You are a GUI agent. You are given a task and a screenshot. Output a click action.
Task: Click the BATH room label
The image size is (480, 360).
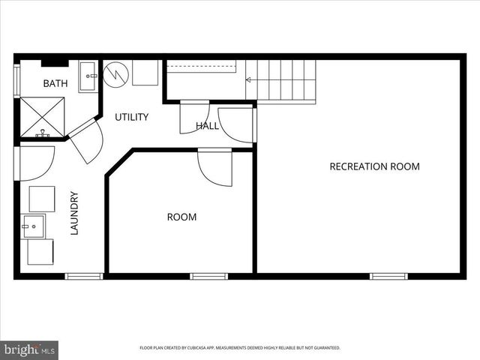[55, 83]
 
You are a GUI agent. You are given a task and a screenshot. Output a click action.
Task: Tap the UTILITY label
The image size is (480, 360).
[131, 117]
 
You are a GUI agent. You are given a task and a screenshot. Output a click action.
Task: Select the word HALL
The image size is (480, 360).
[207, 126]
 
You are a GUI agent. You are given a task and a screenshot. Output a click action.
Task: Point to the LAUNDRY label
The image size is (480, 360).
[74, 214]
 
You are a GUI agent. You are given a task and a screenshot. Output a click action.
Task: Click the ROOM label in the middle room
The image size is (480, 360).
[181, 217]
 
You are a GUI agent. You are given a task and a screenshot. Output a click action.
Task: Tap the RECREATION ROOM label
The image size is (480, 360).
[374, 166]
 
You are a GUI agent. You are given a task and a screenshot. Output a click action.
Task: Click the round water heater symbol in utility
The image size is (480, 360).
[116, 74]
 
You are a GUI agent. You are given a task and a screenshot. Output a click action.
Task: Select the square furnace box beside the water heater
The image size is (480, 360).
[145, 73]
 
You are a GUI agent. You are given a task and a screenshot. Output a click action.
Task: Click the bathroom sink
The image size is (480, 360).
[88, 76]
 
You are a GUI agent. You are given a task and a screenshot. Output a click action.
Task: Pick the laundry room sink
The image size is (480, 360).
[33, 226]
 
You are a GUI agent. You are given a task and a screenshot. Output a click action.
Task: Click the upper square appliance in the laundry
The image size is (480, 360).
[42, 199]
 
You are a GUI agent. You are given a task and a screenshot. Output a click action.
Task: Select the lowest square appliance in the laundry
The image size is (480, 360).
[40, 252]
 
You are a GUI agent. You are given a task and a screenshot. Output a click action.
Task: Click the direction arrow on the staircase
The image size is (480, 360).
[255, 78]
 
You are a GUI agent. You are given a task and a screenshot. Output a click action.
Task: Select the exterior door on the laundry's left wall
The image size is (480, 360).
[34, 162]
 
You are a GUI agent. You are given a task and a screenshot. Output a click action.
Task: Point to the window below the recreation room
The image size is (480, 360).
[388, 276]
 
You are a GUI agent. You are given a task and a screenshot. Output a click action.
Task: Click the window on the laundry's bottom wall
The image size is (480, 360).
[84, 276]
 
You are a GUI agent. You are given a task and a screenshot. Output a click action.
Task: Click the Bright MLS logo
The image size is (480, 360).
[29, 349]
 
